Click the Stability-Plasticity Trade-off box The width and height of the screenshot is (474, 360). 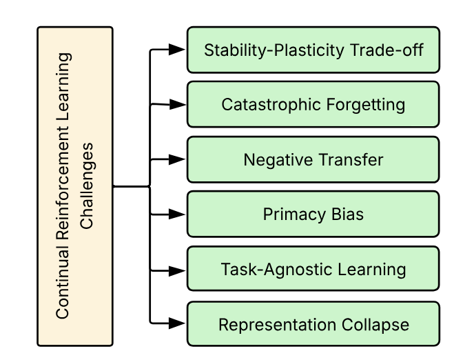[x=313, y=50]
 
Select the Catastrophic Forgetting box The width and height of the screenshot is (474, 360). [x=313, y=105]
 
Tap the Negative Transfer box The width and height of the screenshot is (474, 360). [x=313, y=160]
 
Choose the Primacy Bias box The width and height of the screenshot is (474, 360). [x=313, y=214]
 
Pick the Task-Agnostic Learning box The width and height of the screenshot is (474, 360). [x=313, y=269]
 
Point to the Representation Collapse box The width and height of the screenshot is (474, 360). [x=313, y=324]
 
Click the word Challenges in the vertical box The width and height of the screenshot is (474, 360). [x=87, y=186]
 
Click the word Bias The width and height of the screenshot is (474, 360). [x=347, y=214]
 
